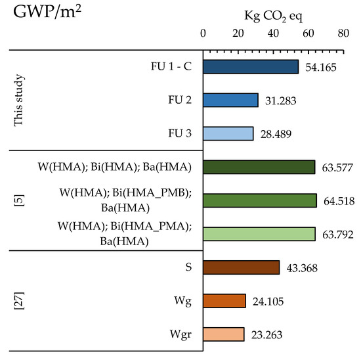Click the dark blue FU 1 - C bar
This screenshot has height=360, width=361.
[x=251, y=66]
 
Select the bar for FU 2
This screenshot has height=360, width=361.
[x=230, y=100]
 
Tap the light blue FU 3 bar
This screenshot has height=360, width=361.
[x=228, y=133]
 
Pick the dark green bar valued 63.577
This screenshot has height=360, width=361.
[x=259, y=167]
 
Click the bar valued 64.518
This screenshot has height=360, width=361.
[x=260, y=200]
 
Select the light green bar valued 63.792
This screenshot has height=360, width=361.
[x=259, y=234]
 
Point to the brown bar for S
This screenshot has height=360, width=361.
[x=242, y=267]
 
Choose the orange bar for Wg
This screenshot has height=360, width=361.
[x=224, y=300]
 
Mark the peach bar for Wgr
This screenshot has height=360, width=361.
[x=224, y=334]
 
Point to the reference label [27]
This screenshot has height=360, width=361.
[x=19, y=301]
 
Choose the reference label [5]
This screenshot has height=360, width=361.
[x=19, y=200]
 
